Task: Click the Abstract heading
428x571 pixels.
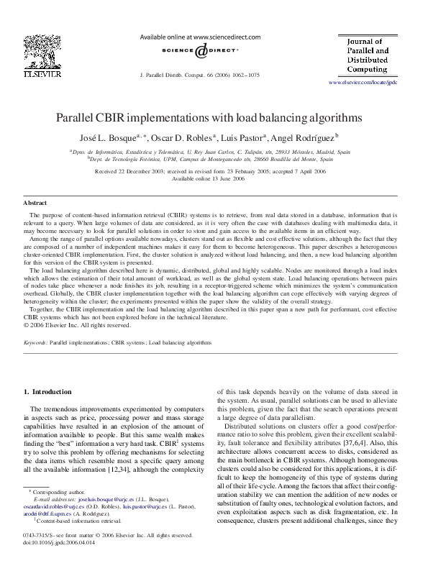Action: click(x=35, y=204)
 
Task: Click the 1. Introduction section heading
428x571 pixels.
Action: click(x=48, y=392)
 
